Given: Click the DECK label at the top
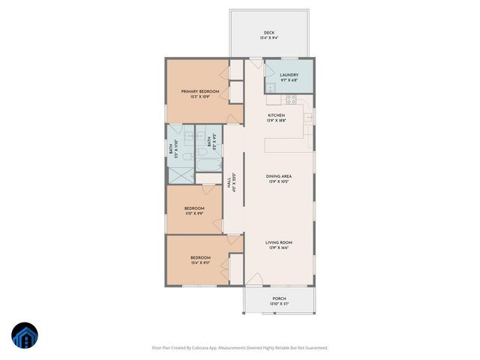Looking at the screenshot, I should [268, 33].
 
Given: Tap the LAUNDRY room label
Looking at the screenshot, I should [289, 74].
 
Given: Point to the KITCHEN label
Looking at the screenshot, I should [277, 115].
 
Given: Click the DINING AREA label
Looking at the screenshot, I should [279, 176].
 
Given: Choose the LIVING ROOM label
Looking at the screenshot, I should [279, 242].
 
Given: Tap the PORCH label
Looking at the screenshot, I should [279, 298].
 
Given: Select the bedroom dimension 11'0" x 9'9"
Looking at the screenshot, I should [194, 213].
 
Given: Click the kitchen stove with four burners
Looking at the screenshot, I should [290, 98].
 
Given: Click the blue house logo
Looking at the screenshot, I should [24, 336].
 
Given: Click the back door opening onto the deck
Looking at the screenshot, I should [255, 63].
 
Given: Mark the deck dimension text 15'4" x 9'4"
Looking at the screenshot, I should [268, 38].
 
